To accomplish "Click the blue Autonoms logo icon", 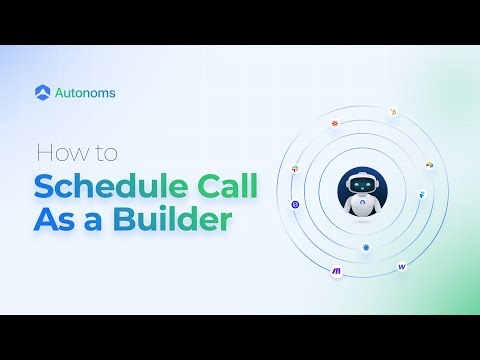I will pyautogui.click(x=42, y=92).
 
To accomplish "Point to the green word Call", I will pyautogui.click(x=225, y=187).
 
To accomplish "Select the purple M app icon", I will pyautogui.click(x=336, y=271).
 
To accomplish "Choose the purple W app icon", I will pyautogui.click(x=401, y=266).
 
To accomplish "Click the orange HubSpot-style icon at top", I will pyautogui.click(x=392, y=112).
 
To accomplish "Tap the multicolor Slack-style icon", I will pyautogui.click(x=295, y=170).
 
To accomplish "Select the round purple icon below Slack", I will pyautogui.click(x=295, y=204).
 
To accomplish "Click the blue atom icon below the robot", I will pyautogui.click(x=367, y=246).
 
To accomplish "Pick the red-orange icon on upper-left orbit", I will pyautogui.click(x=334, y=123).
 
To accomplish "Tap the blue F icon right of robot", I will pyautogui.click(x=421, y=193).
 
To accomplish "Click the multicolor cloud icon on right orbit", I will pyautogui.click(x=430, y=163).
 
